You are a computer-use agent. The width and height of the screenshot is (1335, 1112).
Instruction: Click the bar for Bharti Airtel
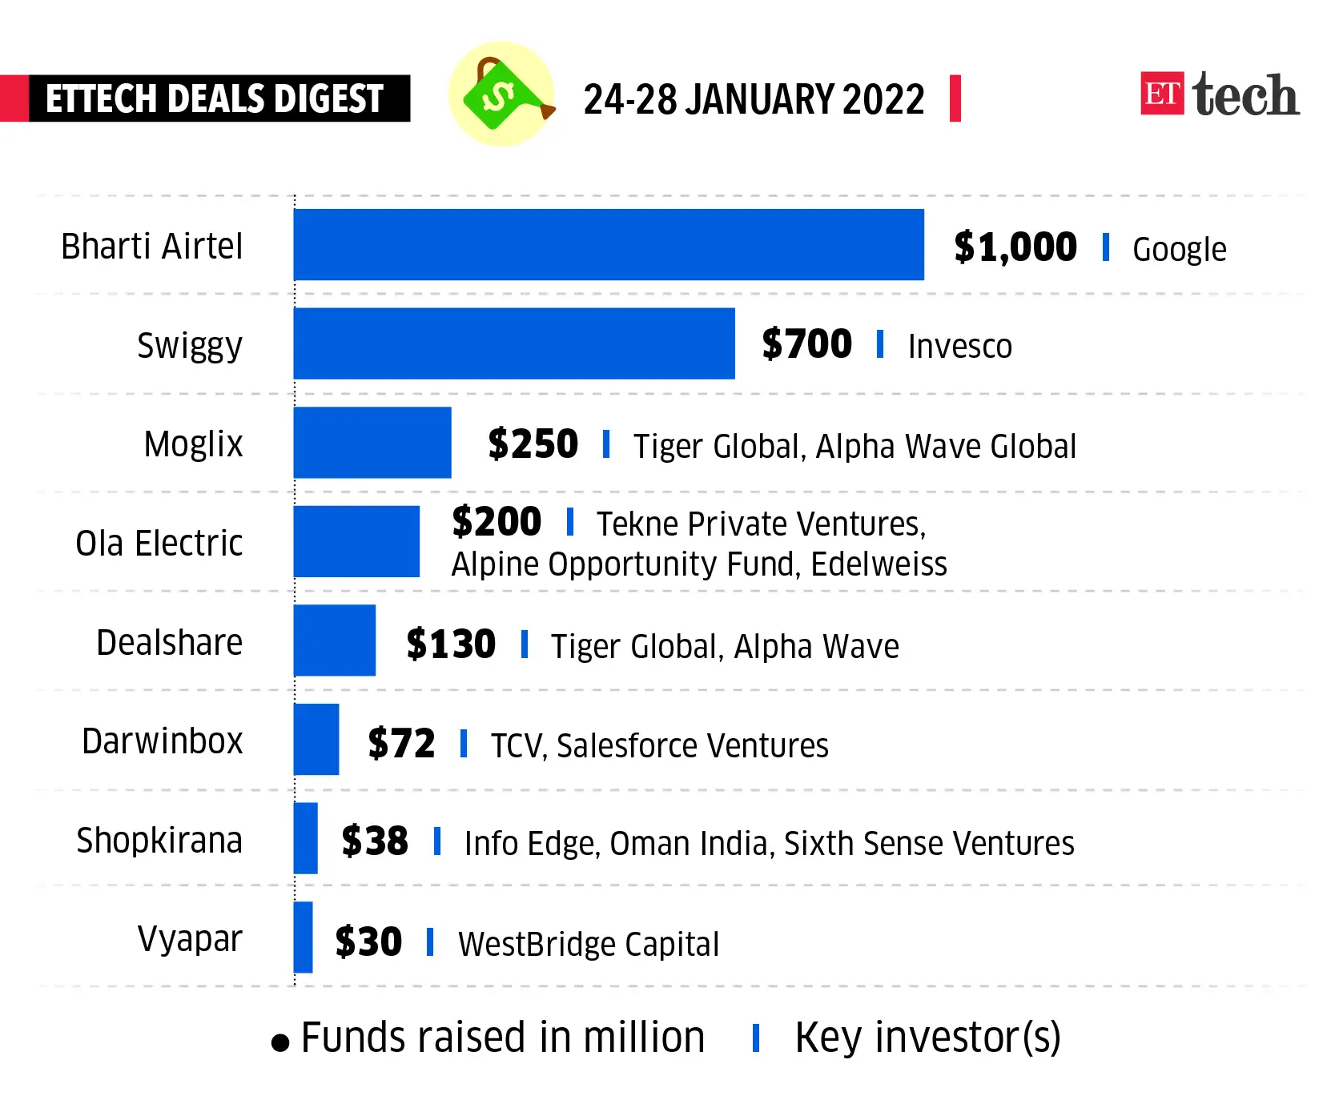[x=609, y=245]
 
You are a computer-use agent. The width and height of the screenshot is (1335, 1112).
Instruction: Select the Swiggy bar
[x=514, y=343]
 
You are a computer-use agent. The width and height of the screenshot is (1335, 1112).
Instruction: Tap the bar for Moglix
[x=372, y=443]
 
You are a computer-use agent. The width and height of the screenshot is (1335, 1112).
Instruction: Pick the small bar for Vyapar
[x=303, y=937]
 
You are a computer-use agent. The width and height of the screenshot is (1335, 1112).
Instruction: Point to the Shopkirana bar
[x=305, y=838]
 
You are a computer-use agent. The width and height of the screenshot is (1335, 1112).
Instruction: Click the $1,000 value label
[x=1015, y=247]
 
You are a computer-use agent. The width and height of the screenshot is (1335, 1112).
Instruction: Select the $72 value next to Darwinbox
[x=401, y=744]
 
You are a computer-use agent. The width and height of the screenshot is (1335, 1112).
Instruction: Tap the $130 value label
[x=451, y=644]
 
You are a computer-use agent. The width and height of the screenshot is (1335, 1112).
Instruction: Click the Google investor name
[x=1179, y=250]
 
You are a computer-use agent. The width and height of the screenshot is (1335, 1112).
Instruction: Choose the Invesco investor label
[x=959, y=347]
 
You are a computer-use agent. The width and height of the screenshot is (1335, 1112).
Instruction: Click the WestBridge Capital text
[x=589, y=944]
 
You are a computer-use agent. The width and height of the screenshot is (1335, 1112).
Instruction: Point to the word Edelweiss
[x=879, y=564]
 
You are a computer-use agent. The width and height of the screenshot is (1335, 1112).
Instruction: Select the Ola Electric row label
[x=159, y=544]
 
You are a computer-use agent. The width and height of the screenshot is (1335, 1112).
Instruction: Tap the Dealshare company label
[x=169, y=643]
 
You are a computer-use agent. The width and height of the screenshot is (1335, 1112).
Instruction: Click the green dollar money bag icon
[x=501, y=94]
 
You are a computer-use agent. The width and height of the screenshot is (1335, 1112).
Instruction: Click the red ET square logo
[x=1162, y=94]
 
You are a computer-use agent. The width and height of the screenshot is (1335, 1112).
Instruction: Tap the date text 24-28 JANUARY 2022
[x=754, y=99]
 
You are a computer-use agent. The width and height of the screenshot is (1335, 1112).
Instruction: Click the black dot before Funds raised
[x=279, y=1042]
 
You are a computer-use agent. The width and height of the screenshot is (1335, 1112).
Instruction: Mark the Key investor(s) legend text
[x=927, y=1038]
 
